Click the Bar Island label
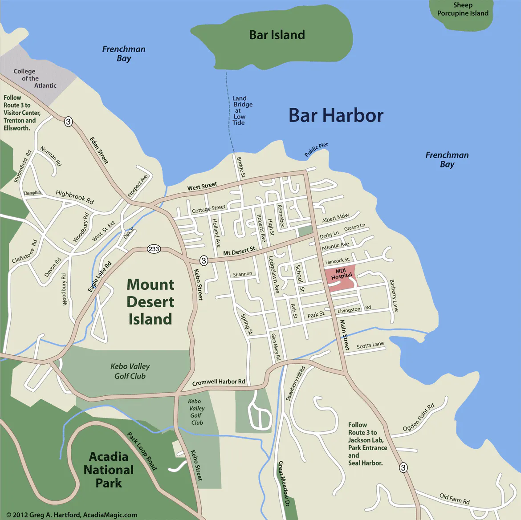pyautogui.click(x=277, y=35)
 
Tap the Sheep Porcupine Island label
pyautogui.click(x=463, y=9)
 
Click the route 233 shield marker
pyautogui.click(x=154, y=249)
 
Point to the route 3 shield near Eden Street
pyautogui.click(x=68, y=121)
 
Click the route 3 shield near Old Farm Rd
pyautogui.click(x=403, y=467)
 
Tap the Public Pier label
pyautogui.click(x=316, y=150)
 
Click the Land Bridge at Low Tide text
pyautogui.click(x=240, y=110)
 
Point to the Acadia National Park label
pyautogui.click(x=109, y=470)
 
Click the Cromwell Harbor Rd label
pyautogui.click(x=219, y=382)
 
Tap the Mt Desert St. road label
pyautogui.click(x=240, y=251)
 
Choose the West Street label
pyautogui.click(x=202, y=186)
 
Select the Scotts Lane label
pyautogui.click(x=370, y=345)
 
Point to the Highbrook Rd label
pyautogui.click(x=75, y=197)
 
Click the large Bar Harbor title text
pyautogui.click(x=336, y=115)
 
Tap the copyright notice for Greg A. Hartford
pyautogui.click(x=72, y=515)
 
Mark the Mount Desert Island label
pyautogui.click(x=150, y=302)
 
